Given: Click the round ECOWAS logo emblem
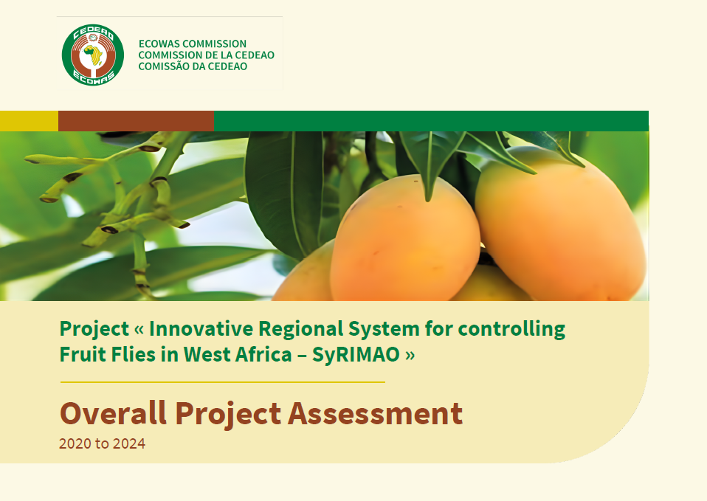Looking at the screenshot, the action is [x=93, y=55].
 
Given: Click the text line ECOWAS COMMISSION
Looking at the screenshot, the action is [x=193, y=44].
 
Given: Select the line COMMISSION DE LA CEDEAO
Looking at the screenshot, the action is [x=207, y=55].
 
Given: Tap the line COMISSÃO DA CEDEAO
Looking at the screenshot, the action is [x=193, y=66].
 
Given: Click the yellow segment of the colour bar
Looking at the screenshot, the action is [x=30, y=121].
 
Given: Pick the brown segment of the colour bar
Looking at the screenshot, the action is [x=137, y=121].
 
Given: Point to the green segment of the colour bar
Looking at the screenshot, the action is [x=432, y=121].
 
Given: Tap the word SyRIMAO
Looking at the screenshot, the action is [x=356, y=355].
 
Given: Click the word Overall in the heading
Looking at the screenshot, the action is [x=113, y=413].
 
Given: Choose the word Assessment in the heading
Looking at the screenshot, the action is [x=375, y=413].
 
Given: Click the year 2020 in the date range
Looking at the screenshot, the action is [x=75, y=443].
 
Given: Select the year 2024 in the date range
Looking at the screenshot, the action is [x=129, y=443].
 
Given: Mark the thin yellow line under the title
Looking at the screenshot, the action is [x=223, y=382].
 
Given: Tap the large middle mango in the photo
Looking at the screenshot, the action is [x=405, y=240].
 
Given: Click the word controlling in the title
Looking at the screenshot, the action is [x=511, y=330].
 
